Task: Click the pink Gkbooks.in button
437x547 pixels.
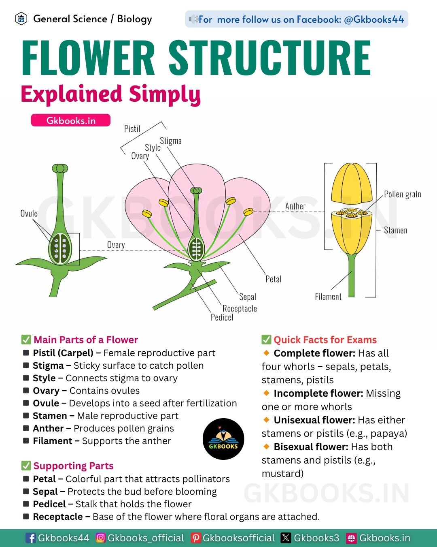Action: (x=70, y=120)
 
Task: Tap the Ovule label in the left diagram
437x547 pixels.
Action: (x=29, y=214)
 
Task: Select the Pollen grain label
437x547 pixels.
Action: (x=403, y=194)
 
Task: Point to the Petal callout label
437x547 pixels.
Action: (x=274, y=279)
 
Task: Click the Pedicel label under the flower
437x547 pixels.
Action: (x=222, y=318)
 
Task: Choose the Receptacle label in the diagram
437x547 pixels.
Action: (x=240, y=309)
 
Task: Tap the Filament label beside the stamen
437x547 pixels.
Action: (x=328, y=297)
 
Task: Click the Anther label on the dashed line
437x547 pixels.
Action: (x=295, y=206)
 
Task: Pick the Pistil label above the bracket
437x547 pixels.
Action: (x=132, y=128)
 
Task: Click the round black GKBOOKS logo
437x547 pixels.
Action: (x=223, y=439)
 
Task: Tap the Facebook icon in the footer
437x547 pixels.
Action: (x=31, y=538)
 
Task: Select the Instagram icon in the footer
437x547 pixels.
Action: (x=101, y=538)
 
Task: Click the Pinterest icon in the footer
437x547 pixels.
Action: (x=195, y=538)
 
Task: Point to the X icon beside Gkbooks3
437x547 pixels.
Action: (x=286, y=538)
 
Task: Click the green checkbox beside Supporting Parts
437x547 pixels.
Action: (x=26, y=466)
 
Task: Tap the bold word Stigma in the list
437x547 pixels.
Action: (x=48, y=365)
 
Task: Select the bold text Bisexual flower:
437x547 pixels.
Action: (x=311, y=447)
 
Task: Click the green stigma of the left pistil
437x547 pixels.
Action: (x=60, y=168)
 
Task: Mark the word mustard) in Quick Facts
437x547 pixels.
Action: (x=282, y=474)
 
